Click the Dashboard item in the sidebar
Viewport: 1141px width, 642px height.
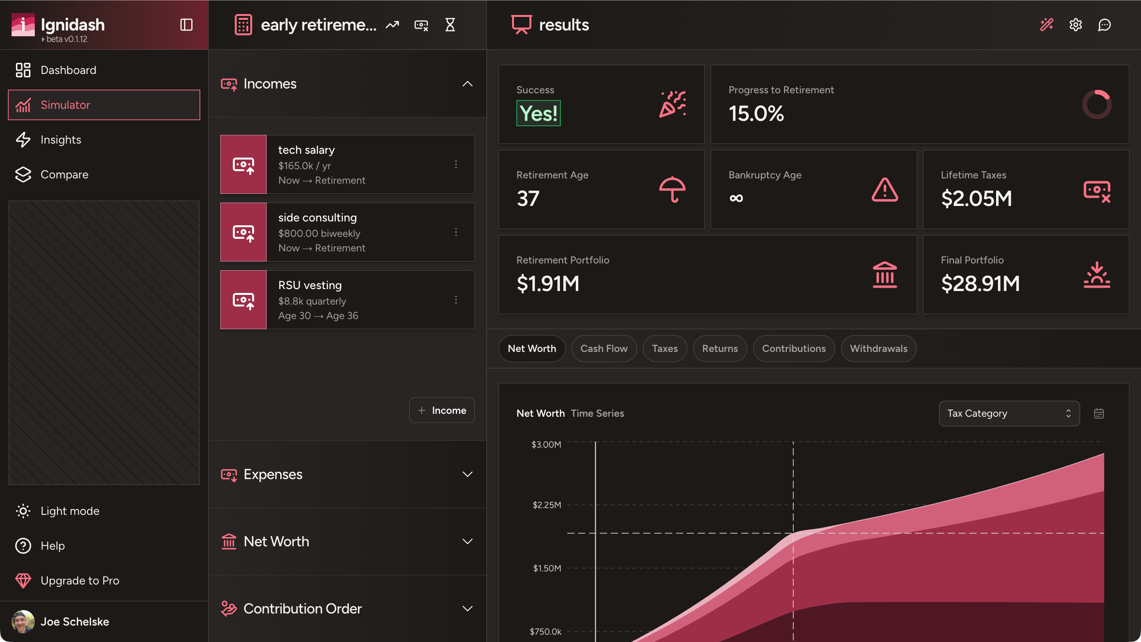68,70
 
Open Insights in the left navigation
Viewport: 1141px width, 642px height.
60,140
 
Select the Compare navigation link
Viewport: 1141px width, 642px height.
64,175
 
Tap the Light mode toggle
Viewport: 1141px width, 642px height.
70,511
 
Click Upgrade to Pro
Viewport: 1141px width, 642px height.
80,581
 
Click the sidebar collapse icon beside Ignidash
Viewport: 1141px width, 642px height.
186,25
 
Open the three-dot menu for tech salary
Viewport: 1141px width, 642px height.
456,165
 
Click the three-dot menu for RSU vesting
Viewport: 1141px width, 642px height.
456,300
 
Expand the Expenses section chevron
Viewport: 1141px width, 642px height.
467,474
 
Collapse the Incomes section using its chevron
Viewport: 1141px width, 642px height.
467,84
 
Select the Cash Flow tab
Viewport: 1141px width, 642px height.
604,349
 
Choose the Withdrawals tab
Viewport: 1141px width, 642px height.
878,349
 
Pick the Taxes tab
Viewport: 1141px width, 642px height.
665,349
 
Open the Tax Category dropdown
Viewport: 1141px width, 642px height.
1009,413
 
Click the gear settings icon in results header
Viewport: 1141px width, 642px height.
1075,25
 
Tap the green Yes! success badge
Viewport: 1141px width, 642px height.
538,114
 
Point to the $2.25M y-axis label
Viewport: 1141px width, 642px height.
547,505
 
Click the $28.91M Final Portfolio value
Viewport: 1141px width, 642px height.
980,284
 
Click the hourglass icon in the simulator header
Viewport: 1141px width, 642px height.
450,25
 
